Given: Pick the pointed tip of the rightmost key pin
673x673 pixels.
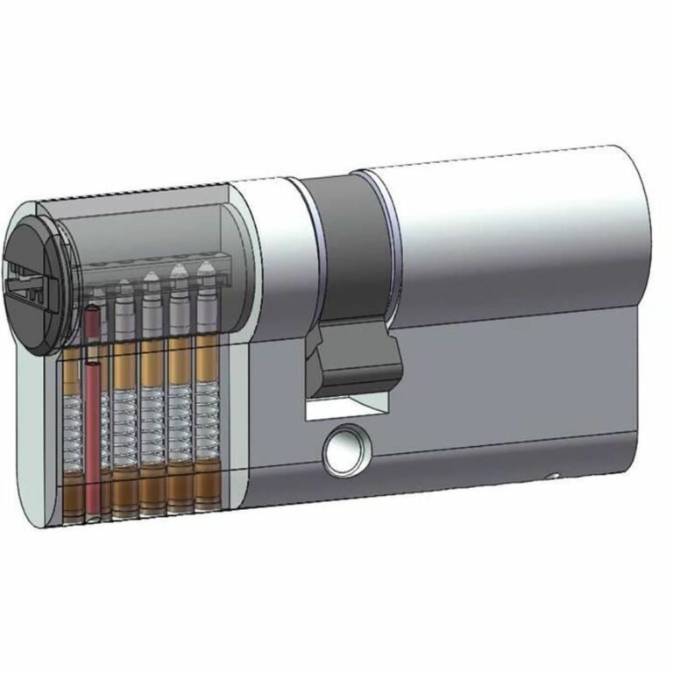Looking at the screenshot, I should tap(206, 265).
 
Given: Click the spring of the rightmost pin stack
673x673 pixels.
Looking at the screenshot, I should tap(208, 412).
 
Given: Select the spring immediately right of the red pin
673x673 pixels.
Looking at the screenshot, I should tap(125, 421).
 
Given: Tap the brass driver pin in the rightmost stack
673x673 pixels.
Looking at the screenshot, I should tap(207, 359).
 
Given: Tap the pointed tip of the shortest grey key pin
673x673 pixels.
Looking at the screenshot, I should tap(124, 285).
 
